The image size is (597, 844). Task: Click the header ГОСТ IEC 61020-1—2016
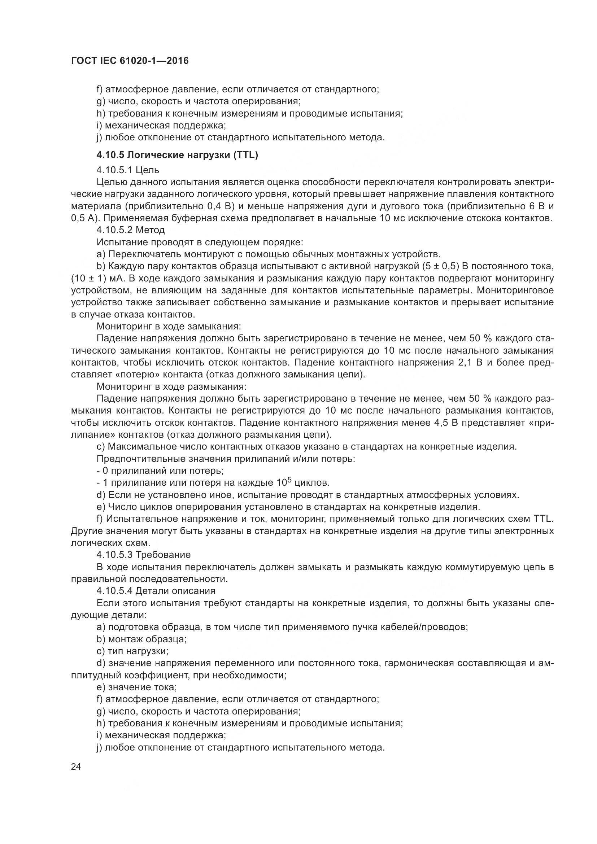(130, 61)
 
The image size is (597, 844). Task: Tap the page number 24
(76, 766)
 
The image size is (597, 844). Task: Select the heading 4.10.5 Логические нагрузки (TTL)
(177, 155)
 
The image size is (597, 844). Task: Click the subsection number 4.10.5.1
(114, 170)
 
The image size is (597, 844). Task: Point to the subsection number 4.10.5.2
(114, 230)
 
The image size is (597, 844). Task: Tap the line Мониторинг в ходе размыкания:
(171, 387)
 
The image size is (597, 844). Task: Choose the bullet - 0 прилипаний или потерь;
(160, 471)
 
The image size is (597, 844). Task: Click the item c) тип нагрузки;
(132, 651)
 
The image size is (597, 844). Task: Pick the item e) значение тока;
(136, 687)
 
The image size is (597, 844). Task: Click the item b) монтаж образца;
(141, 639)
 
